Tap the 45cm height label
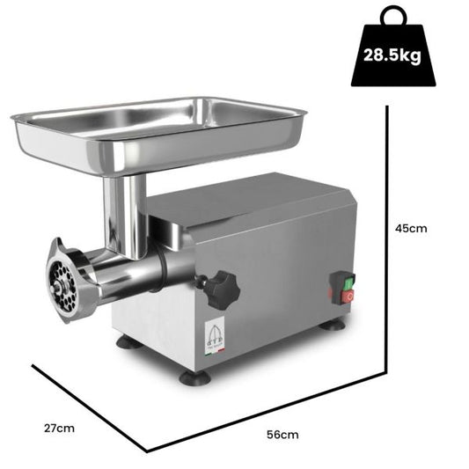(412, 229)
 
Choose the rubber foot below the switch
(333, 325)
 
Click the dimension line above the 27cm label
(88, 406)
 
